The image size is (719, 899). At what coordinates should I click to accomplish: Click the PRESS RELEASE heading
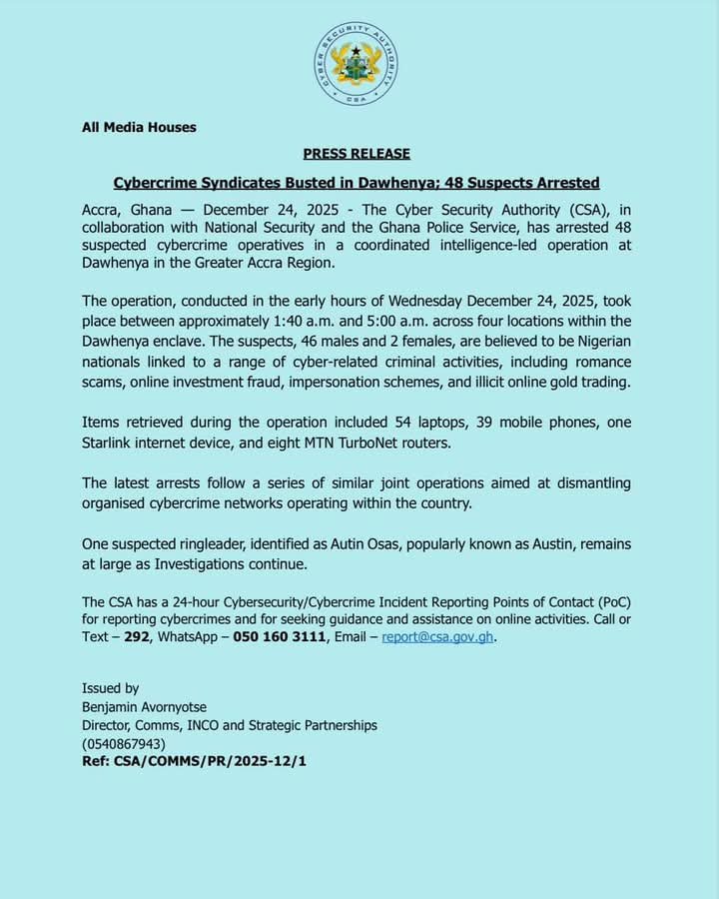(357, 154)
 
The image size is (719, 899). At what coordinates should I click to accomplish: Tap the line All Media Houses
(139, 127)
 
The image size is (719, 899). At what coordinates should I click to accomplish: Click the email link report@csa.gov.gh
(438, 637)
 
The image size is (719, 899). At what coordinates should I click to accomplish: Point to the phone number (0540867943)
(124, 744)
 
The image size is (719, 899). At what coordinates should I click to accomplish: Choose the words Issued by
(110, 688)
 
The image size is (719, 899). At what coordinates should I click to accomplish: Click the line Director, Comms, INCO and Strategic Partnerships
(230, 725)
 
